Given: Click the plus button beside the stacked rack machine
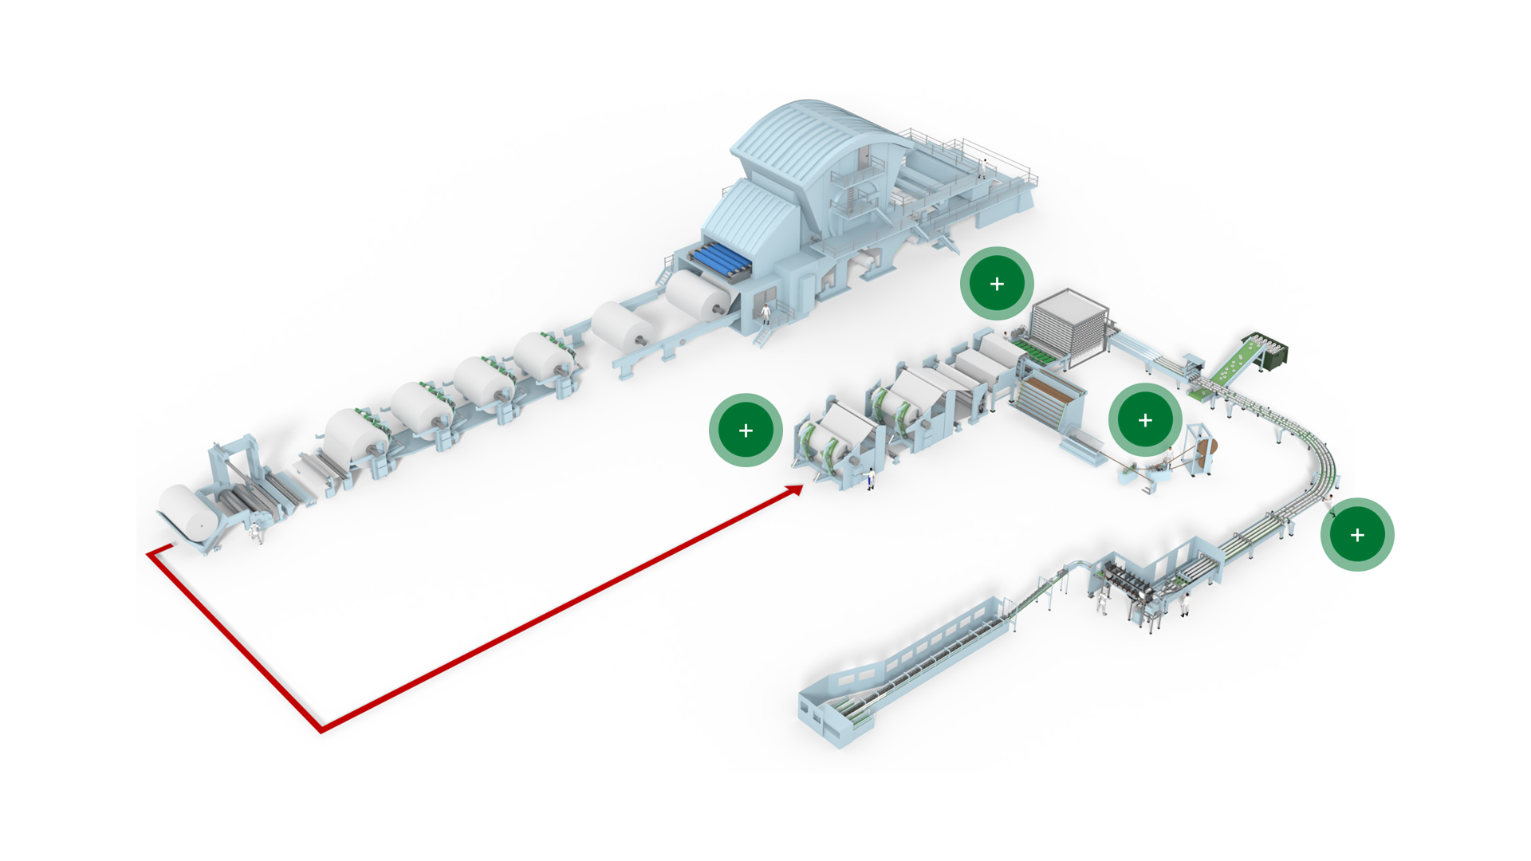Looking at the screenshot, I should pos(997,284).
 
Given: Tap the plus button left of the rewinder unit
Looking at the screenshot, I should pos(746,431).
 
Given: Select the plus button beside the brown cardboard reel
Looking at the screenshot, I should pos(1145,420).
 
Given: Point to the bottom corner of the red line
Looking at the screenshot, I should pos(321,729).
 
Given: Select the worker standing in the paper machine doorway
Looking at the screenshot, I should pos(765,313).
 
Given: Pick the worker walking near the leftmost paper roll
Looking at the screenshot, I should pos(256,533).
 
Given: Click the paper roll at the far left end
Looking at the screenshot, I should pos(187,510).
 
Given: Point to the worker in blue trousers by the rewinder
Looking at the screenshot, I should pos(871,479).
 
